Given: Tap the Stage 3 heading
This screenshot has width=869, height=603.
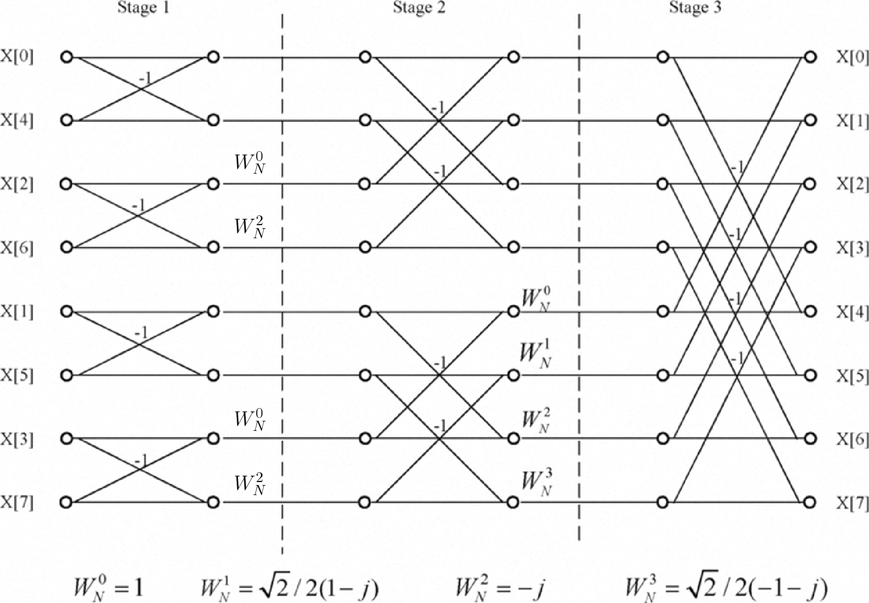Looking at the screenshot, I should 695,7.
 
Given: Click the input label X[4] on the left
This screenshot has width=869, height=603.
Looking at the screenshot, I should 17,121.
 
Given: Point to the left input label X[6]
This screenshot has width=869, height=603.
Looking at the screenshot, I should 17,248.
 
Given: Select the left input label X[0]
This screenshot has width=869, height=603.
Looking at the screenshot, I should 17,57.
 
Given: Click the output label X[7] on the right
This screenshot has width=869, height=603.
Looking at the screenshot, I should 852,503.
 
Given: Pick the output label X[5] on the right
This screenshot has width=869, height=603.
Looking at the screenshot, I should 852,376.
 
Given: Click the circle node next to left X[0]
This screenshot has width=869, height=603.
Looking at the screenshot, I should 66,57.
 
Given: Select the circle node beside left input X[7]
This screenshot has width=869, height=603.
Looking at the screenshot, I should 66,502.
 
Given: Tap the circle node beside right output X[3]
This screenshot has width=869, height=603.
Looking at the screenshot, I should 810,247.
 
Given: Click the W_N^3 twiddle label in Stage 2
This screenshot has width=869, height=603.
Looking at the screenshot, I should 536,484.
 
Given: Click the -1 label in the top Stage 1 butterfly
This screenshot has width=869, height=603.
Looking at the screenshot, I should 146,78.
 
